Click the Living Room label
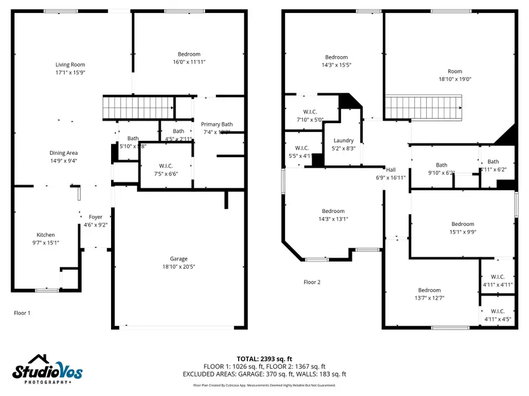click(70, 65)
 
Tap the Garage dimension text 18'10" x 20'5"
click(179, 266)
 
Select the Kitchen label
click(46, 235)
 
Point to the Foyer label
click(95, 217)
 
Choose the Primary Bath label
click(217, 124)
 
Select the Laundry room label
click(343, 141)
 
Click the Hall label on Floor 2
click(390, 170)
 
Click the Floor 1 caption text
click(22, 313)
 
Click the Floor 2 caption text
click(312, 282)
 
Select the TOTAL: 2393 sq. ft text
click(264, 358)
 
